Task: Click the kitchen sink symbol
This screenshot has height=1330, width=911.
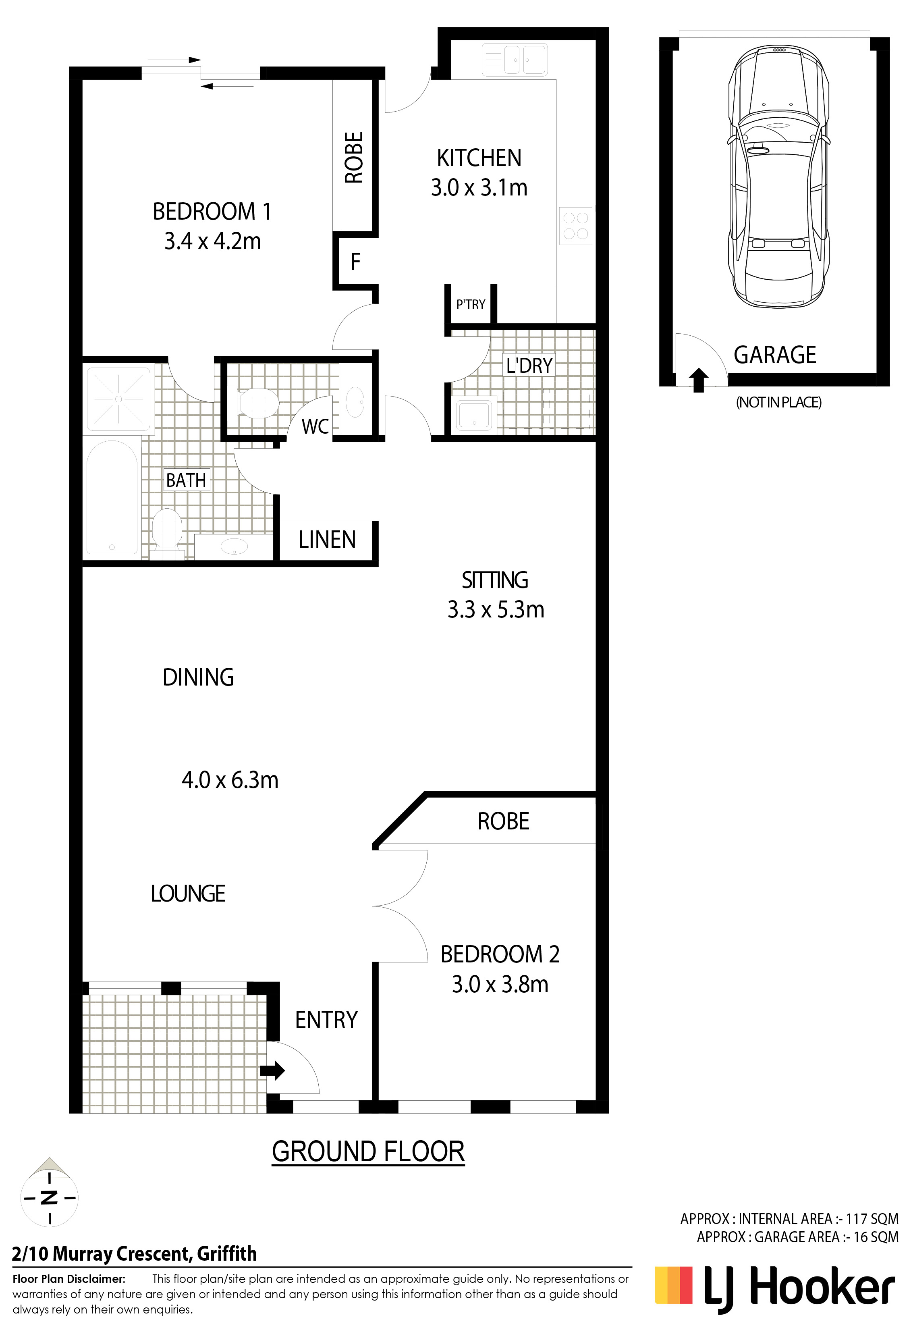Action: (515, 60)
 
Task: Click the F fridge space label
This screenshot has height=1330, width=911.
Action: (355, 262)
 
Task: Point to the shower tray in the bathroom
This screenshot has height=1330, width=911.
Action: (118, 399)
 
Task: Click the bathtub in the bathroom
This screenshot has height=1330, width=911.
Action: (112, 498)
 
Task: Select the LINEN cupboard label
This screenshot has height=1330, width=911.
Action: (327, 540)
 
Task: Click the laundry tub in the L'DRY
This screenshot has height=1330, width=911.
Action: (474, 414)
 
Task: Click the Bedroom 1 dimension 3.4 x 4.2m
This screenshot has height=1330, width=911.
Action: (212, 241)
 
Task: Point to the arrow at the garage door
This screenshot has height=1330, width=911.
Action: (698, 380)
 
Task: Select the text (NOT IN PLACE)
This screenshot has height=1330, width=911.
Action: (778, 402)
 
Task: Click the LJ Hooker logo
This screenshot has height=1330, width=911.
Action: (775, 1289)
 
